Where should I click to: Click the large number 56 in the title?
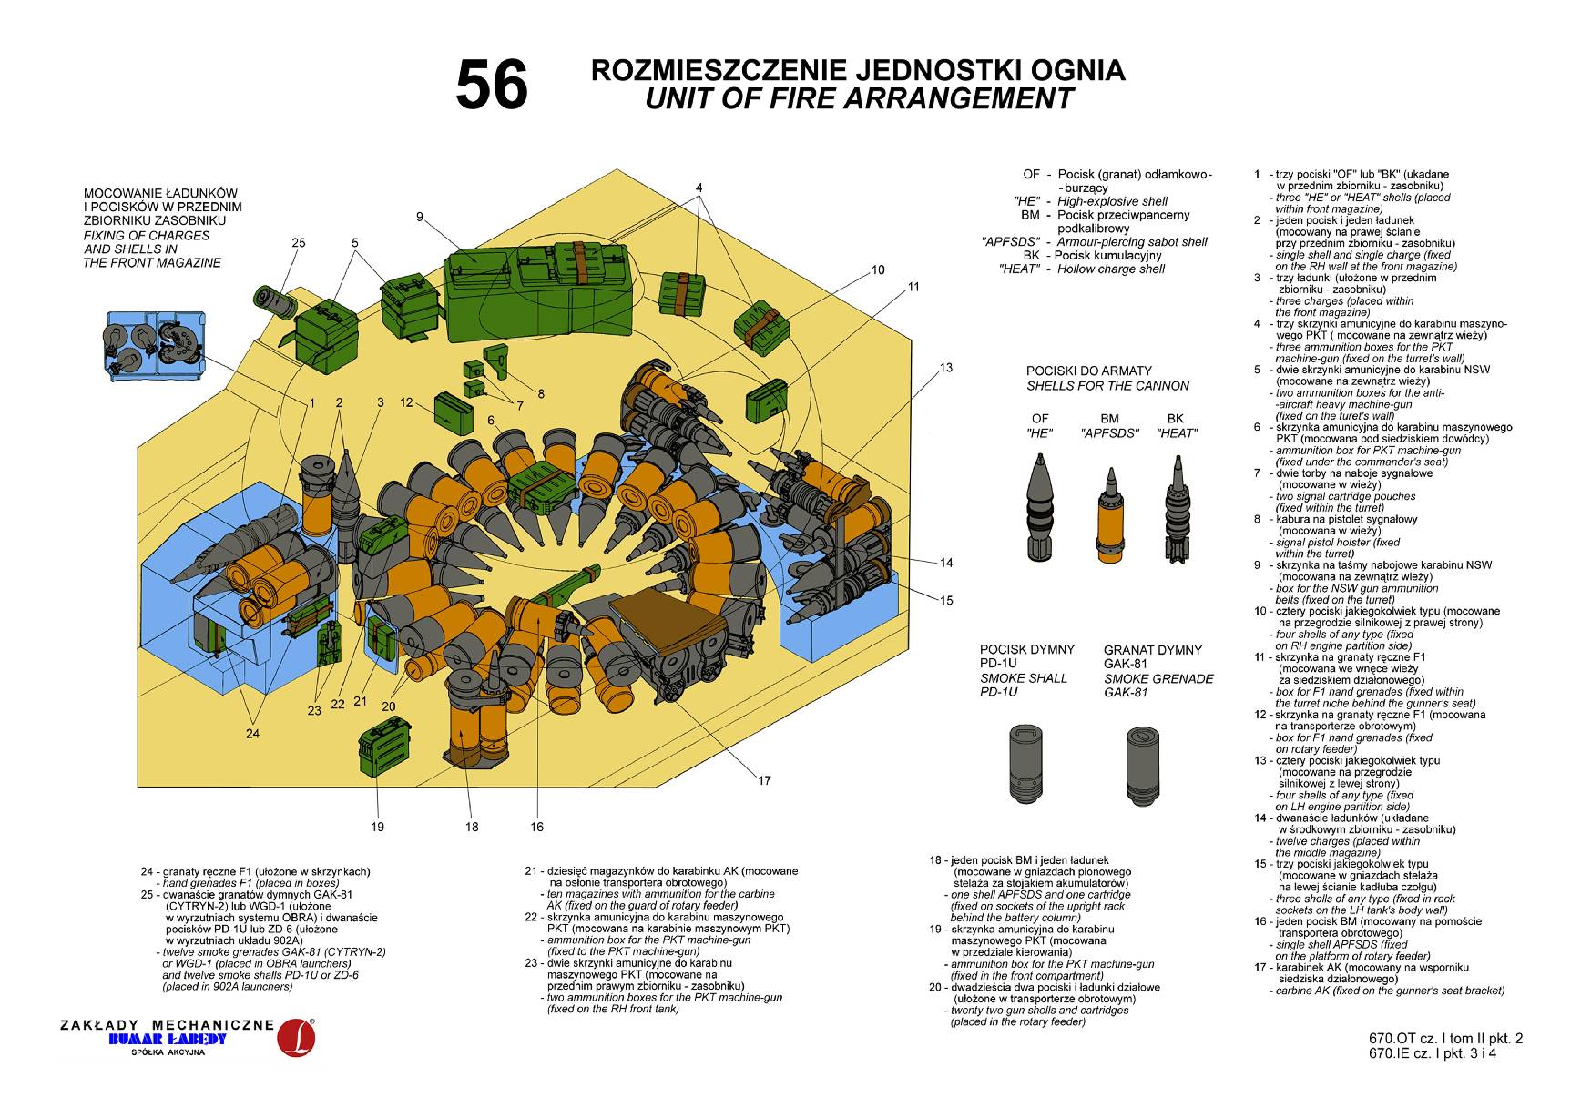pyautogui.click(x=492, y=85)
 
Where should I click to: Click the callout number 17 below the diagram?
pyautogui.click(x=764, y=780)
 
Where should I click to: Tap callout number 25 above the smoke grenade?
pyautogui.click(x=299, y=242)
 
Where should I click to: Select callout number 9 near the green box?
pyautogui.click(x=420, y=217)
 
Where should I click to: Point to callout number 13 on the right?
pyautogui.click(x=946, y=368)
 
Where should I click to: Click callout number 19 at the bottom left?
pyautogui.click(x=378, y=827)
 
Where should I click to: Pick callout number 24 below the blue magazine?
pyautogui.click(x=252, y=733)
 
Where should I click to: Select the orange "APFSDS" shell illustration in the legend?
pyautogui.click(x=1109, y=514)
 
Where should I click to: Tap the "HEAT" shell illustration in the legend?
pyautogui.click(x=1178, y=510)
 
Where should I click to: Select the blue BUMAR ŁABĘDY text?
pyautogui.click(x=167, y=1039)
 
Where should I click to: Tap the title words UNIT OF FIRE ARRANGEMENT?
pyautogui.click(x=858, y=98)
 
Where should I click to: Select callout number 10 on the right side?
pyautogui.click(x=878, y=269)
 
